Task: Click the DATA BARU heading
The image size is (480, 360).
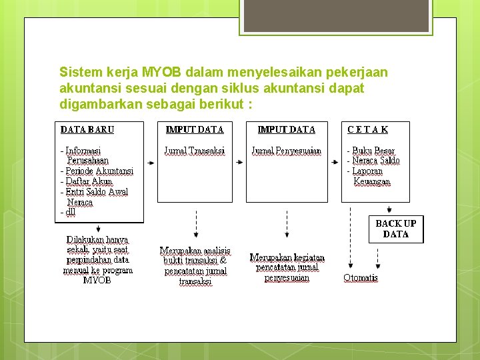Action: (x=87, y=129)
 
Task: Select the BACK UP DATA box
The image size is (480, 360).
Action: (x=396, y=229)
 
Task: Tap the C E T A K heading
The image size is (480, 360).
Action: (x=367, y=129)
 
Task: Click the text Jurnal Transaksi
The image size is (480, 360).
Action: (x=195, y=151)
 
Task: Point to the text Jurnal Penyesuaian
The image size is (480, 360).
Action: (x=286, y=151)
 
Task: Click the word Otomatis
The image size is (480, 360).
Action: (x=361, y=277)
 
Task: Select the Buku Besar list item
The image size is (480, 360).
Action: (x=373, y=151)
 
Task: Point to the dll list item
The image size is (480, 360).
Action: (x=68, y=212)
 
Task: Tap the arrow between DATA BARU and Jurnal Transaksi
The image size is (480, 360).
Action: (x=150, y=161)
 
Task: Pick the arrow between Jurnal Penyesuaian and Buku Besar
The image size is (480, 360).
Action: (x=334, y=161)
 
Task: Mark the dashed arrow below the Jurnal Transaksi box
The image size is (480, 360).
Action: (x=195, y=223)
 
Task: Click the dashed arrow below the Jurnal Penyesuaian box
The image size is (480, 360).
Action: (x=287, y=223)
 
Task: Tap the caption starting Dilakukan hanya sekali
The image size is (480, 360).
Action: (x=97, y=259)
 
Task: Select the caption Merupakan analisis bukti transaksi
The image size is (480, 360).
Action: (x=195, y=266)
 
